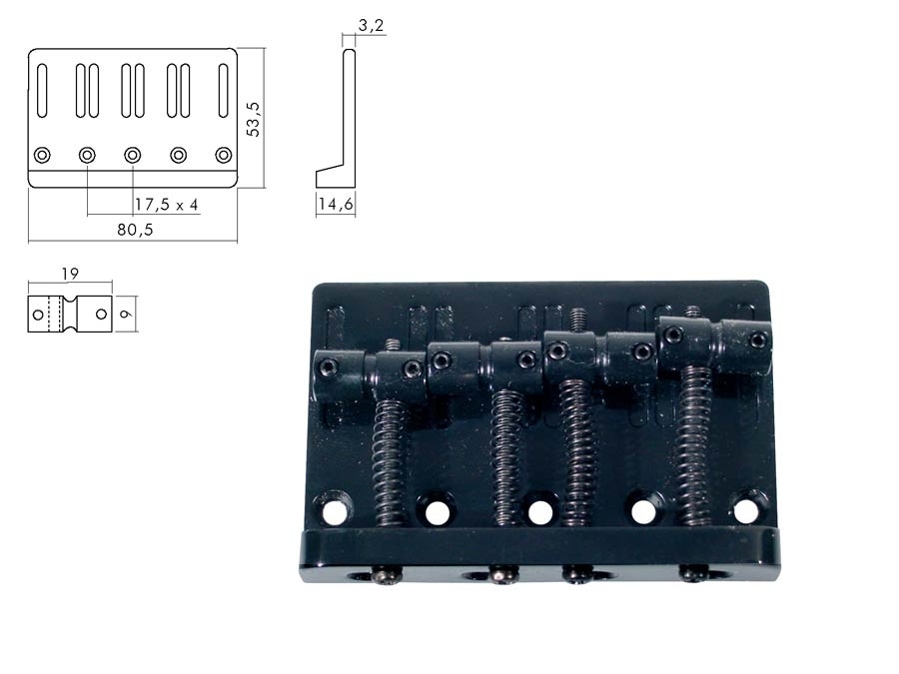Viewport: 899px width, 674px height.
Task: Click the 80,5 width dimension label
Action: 134,229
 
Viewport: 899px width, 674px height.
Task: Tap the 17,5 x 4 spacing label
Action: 167,204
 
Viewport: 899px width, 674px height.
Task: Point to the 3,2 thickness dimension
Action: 371,26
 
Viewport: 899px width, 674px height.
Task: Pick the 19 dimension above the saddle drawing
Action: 69,273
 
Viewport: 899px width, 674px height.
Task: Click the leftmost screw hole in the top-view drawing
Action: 42,155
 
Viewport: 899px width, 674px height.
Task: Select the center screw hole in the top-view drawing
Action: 132,155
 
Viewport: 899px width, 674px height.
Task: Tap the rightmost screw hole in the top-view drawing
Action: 224,155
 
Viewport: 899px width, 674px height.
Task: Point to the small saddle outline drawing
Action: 69,315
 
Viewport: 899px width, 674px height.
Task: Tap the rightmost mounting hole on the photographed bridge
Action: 745,509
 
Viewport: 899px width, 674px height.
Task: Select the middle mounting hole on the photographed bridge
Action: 540,511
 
